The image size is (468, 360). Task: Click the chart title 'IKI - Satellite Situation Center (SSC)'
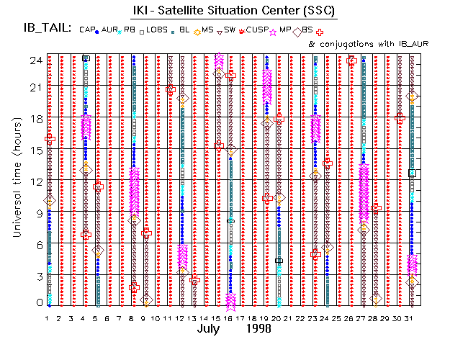pos(233,12)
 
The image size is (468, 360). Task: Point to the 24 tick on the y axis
pos(33,60)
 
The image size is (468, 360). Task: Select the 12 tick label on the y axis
pos(33,181)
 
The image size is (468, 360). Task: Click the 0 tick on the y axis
pos(36,303)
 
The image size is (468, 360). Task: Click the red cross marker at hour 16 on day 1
pos(50,138)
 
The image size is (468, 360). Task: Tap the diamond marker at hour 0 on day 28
pos(376,299)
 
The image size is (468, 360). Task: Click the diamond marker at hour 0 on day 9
pos(147,300)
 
